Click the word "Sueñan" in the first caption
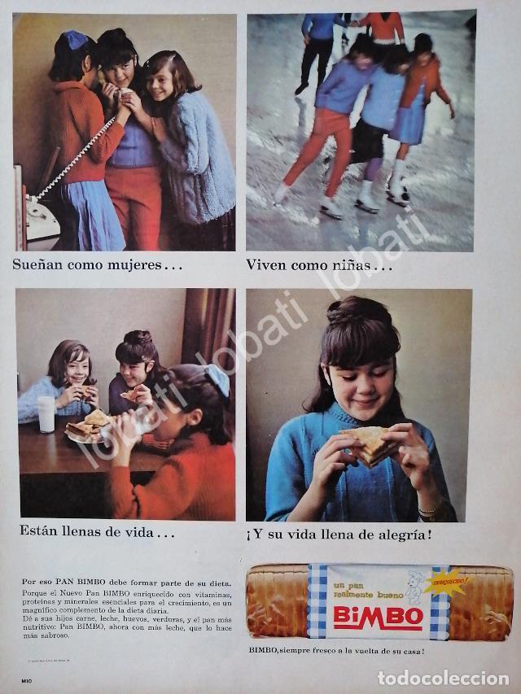pyautogui.click(x=39, y=264)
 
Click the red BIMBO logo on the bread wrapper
pyautogui.click(x=378, y=617)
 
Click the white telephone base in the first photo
pyautogui.click(x=41, y=221)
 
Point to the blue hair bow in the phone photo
pyautogui.click(x=77, y=40)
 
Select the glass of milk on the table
pyautogui.click(x=46, y=413)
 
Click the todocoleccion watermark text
pyautogui.click(x=443, y=678)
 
